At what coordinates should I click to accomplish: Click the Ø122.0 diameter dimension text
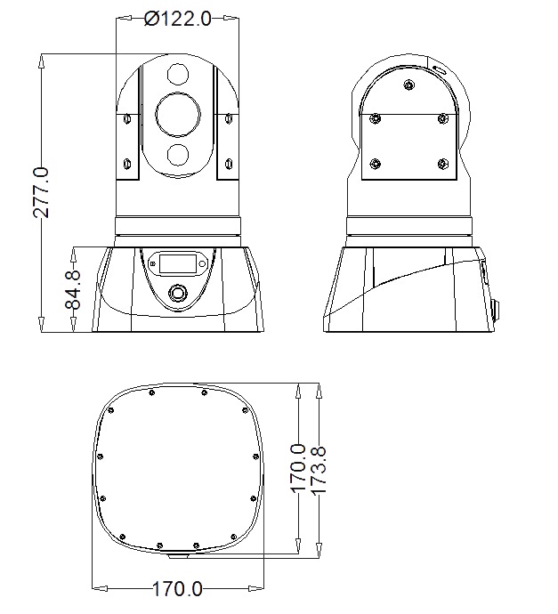[177, 18]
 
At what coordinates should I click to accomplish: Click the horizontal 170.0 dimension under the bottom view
[177, 588]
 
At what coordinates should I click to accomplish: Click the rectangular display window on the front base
[177, 263]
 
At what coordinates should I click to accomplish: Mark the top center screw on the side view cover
[408, 85]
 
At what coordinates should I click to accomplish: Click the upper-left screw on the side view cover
[376, 117]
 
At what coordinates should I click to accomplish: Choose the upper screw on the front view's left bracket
[125, 118]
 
